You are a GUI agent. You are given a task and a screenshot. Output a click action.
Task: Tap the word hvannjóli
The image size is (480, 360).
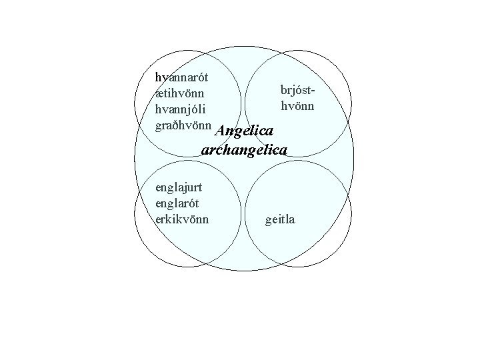pyautogui.click(x=179, y=108)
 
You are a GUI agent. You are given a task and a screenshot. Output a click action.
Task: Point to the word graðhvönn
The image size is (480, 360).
pyautogui.click(x=183, y=125)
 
